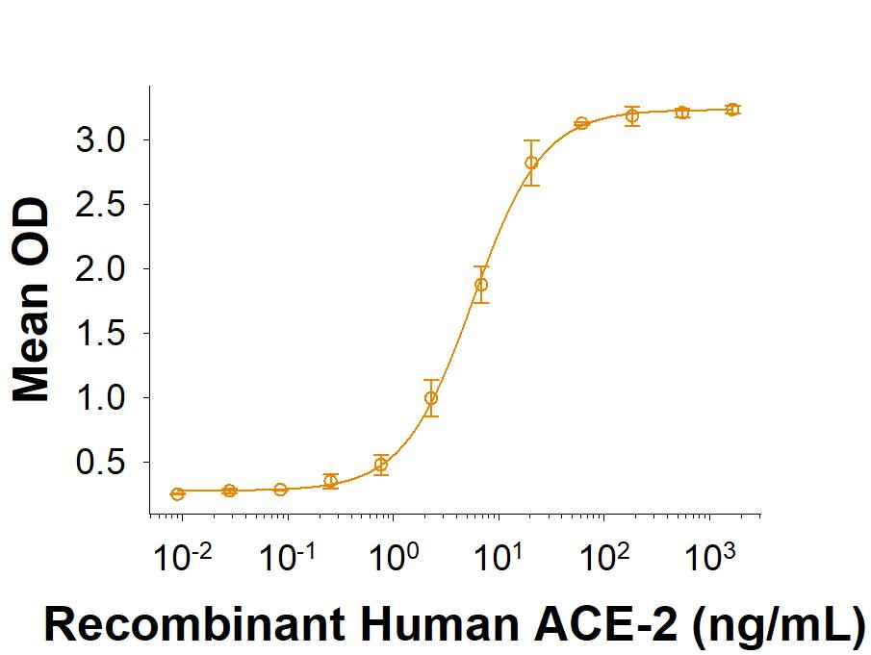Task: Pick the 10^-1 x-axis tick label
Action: pos(284,556)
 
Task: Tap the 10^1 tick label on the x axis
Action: pos(498,556)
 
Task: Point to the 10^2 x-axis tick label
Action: pos(603,556)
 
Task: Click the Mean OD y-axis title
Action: pos(33,300)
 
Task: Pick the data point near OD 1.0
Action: pos(431,397)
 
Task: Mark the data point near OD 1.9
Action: pos(481,285)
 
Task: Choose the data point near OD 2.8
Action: pos(531,163)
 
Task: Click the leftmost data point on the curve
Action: pos(177,493)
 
